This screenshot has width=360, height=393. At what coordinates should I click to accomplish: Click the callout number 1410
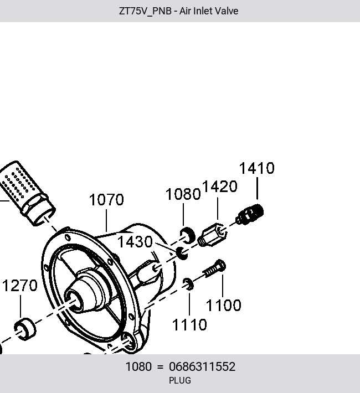coord(257,168)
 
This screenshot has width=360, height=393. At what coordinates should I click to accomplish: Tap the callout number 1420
coord(220,187)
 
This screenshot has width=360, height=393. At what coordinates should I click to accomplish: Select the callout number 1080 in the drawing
coord(183,194)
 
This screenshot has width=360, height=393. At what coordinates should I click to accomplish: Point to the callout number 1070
coord(106,200)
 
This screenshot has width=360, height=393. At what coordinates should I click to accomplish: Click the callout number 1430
coord(135,242)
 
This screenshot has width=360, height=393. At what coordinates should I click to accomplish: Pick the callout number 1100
coord(223,306)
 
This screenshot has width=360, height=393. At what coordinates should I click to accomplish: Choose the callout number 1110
coord(189,325)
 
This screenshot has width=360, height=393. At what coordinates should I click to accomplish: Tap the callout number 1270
coord(20,286)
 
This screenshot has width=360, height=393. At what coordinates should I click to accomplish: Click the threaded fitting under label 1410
coord(250,214)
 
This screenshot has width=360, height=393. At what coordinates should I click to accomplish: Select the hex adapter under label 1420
coord(212,235)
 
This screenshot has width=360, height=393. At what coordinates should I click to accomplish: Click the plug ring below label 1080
coord(188,236)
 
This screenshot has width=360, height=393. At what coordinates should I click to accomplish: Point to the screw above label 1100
coord(214,268)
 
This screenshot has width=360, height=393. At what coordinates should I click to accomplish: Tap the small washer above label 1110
coord(188,284)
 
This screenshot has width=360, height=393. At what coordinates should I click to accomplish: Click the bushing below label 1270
coord(25,329)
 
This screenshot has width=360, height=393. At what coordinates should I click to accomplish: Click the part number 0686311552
coord(202,366)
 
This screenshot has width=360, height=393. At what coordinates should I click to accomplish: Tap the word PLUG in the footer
coord(180,380)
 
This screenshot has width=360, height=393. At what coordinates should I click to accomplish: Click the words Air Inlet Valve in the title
coord(209,11)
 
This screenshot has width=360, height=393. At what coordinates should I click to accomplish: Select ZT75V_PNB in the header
coord(145,11)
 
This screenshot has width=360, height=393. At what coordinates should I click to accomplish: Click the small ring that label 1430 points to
coord(182,253)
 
